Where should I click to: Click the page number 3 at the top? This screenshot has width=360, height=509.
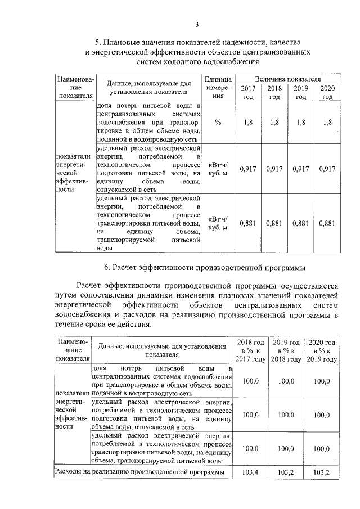(x=197, y=24)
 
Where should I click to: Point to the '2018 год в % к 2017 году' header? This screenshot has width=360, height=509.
(x=250, y=350)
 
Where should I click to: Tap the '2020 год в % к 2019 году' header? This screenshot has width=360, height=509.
(x=321, y=350)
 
